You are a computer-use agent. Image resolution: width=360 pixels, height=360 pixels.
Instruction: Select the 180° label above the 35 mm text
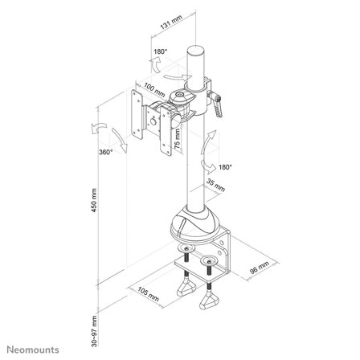point(224,168)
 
